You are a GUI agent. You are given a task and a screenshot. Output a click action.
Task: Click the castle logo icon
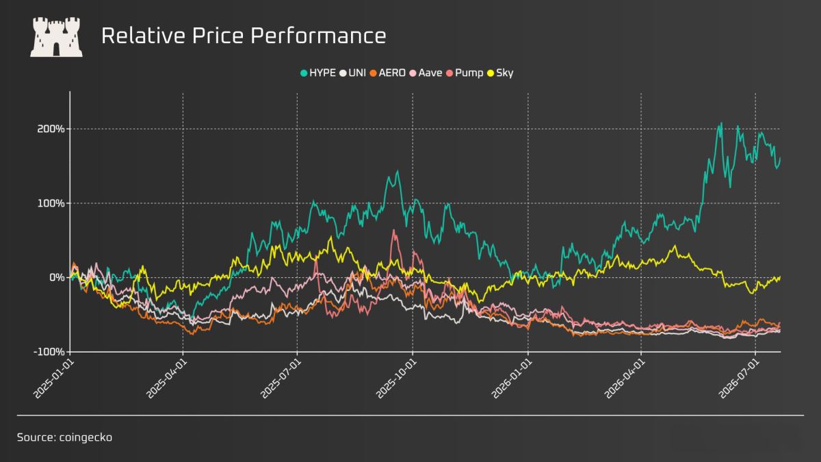tap(56, 37)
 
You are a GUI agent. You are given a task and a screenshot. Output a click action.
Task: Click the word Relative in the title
tap(143, 36)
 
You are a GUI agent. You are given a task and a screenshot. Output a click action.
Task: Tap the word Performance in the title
tap(318, 36)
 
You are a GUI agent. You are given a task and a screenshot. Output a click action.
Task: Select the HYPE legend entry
tap(317, 73)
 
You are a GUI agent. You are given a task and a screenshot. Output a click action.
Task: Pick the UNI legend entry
tap(352, 73)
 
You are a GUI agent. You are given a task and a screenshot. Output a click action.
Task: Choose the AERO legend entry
tap(387, 73)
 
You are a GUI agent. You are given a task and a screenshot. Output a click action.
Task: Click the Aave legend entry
tap(426, 73)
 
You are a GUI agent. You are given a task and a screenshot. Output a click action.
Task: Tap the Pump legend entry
tap(465, 73)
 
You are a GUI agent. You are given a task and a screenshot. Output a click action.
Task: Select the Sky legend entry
tap(500, 73)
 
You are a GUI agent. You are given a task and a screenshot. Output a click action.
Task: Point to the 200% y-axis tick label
tap(51, 129)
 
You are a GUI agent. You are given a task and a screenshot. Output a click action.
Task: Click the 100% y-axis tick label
tap(51, 203)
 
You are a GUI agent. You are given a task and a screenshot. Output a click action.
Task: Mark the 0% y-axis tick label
tap(57, 278)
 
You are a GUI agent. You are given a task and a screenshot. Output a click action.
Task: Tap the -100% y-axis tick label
tap(49, 352)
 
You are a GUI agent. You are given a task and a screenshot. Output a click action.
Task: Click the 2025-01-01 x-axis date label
tap(53, 379)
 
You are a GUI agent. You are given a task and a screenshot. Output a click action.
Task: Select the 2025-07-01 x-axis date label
tap(281, 379)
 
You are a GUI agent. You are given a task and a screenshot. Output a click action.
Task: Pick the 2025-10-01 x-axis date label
tap(396, 379)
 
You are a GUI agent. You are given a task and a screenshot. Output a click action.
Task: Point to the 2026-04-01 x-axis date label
tap(625, 379)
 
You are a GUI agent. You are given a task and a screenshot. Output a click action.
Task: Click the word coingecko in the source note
tap(86, 437)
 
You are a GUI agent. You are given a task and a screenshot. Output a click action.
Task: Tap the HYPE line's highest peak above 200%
tap(721, 123)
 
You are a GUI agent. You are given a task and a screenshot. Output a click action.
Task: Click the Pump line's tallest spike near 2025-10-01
tap(394, 230)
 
